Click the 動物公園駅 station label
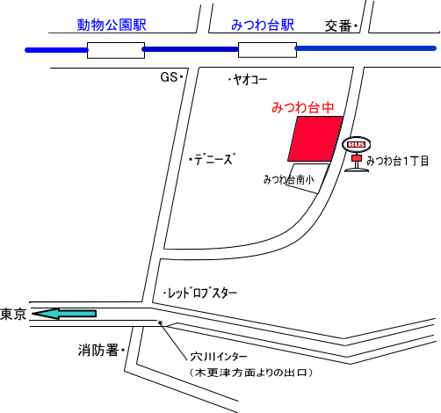[112, 25]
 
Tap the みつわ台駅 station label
[263, 25]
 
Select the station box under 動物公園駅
[116, 50]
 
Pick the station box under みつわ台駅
[267, 50]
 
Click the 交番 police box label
[338, 26]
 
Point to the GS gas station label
[169, 77]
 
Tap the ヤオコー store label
[250, 79]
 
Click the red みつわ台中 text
[303, 107]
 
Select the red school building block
[315, 139]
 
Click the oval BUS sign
[357, 144]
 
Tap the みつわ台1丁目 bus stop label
[398, 161]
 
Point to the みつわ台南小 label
[289, 179]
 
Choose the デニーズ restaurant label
[214, 159]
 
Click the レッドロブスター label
[202, 293]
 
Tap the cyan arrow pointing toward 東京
[64, 314]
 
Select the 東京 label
[13, 314]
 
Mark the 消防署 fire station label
[98, 350]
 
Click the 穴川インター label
[219, 357]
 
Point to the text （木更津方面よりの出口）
[251, 373]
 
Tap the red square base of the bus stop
[357, 158]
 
